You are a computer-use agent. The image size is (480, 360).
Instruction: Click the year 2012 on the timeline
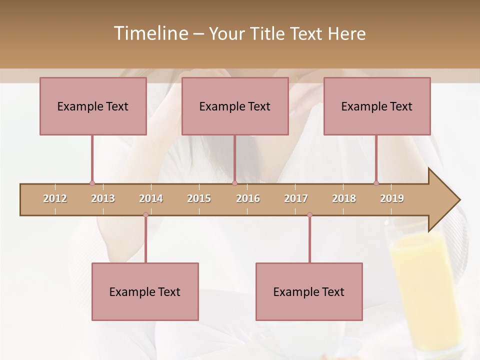[55, 198]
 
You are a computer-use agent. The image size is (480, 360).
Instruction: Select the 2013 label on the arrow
[103, 198]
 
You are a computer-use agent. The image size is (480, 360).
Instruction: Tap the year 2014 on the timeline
[151, 198]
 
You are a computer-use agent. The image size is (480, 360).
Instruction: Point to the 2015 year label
[199, 198]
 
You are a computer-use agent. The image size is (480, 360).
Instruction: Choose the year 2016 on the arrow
[248, 198]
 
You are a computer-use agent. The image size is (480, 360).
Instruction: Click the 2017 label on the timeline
[296, 198]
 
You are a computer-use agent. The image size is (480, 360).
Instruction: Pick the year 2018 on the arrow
[344, 198]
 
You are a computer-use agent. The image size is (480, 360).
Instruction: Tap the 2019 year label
[392, 198]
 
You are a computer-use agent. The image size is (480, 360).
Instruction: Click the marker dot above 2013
[92, 183]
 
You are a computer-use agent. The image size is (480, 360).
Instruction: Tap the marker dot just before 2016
[234, 183]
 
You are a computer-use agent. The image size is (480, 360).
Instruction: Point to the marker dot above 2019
[376, 183]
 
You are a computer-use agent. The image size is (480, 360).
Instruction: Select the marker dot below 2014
[145, 215]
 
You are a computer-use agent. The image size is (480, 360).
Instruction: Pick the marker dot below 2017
[309, 215]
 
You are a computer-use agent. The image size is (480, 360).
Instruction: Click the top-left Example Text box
[93, 106]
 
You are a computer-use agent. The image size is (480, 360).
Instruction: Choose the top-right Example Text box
[377, 106]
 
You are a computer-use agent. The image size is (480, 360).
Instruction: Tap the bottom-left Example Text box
[145, 291]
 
